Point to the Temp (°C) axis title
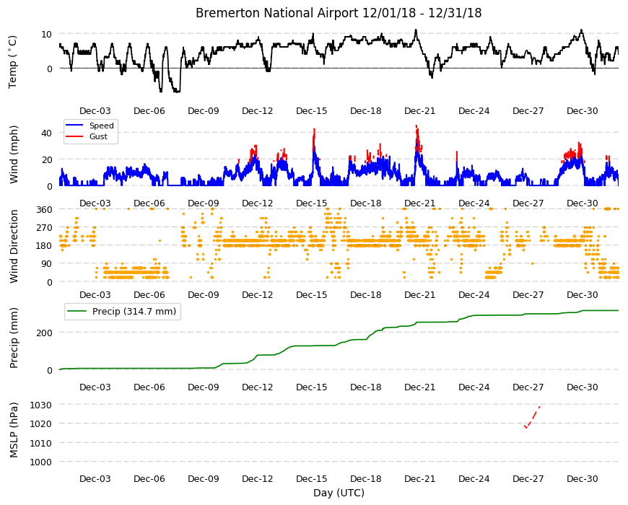tap(13, 61)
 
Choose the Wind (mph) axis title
tap(14, 154)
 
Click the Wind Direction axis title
tap(14, 247)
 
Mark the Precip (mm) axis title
tap(14, 338)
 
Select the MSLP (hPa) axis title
tap(14, 430)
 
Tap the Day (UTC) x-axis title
tap(339, 493)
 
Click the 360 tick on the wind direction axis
tap(44, 210)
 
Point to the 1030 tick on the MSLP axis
tap(41, 405)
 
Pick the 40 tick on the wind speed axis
tap(46, 133)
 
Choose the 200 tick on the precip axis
tap(44, 333)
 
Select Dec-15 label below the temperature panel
tap(312, 111)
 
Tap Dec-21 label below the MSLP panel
tap(419, 478)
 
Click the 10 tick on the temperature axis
tap(46, 34)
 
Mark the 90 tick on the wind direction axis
tap(47, 264)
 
